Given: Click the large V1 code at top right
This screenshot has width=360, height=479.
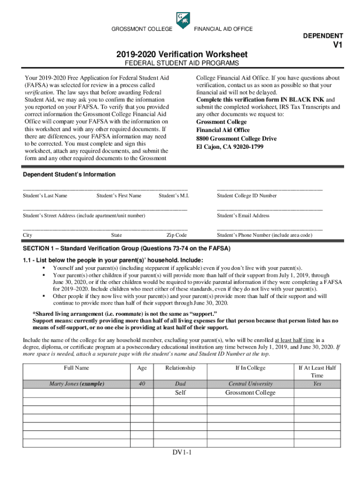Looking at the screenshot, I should click(x=338, y=45).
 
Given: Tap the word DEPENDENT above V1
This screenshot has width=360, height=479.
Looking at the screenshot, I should click(x=323, y=36).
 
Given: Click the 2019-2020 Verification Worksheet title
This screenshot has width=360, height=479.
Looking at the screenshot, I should click(x=180, y=55).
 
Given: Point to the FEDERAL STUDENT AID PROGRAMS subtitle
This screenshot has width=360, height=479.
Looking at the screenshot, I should click(x=180, y=63).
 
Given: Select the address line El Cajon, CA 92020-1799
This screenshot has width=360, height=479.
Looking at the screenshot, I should click(x=230, y=147).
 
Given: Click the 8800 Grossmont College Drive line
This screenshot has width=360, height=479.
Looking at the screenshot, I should click(x=236, y=138).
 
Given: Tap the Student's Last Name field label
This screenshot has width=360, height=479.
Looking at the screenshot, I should click(x=45, y=196).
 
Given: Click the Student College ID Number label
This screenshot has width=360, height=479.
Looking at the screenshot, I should click(x=246, y=196).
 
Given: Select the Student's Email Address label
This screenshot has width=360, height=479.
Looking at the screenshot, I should click(x=243, y=216).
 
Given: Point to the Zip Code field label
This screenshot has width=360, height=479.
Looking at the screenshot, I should click(x=177, y=235).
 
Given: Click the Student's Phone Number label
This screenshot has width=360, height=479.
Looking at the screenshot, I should click(x=264, y=235).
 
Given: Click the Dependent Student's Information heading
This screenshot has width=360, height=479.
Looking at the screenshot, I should click(x=69, y=174).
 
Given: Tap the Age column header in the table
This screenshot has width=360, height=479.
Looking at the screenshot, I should click(x=142, y=368).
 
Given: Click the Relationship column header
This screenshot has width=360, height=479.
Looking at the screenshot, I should click(x=180, y=368).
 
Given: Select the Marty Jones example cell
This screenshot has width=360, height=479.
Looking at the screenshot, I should click(x=77, y=384).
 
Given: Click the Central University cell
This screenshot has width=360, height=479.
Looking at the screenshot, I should click(x=250, y=384).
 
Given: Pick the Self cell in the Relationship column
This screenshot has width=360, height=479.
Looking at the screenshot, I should click(x=180, y=393).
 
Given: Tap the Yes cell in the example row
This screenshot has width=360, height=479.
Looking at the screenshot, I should click(x=317, y=384).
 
